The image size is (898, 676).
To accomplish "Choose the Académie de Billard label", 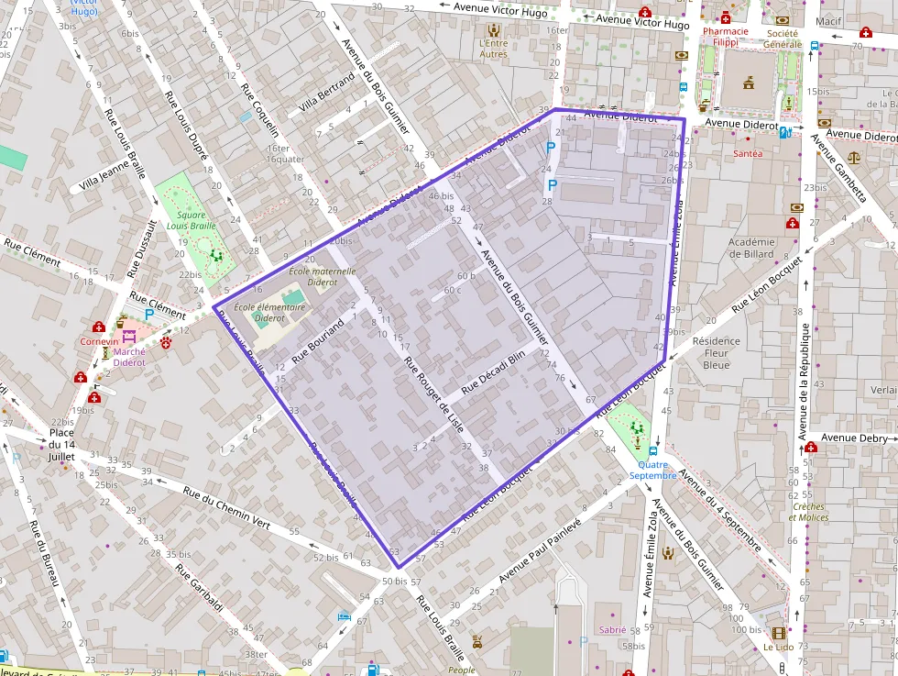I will pos(750,248).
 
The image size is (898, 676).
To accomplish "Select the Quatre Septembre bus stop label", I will pos(652,470).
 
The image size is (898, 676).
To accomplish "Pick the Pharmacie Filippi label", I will pos(726,37).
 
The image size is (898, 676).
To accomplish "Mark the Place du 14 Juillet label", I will pos(61,444).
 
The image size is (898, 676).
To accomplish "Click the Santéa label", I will pos(748,154).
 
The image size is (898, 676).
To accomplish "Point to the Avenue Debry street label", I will pos(851,438).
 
